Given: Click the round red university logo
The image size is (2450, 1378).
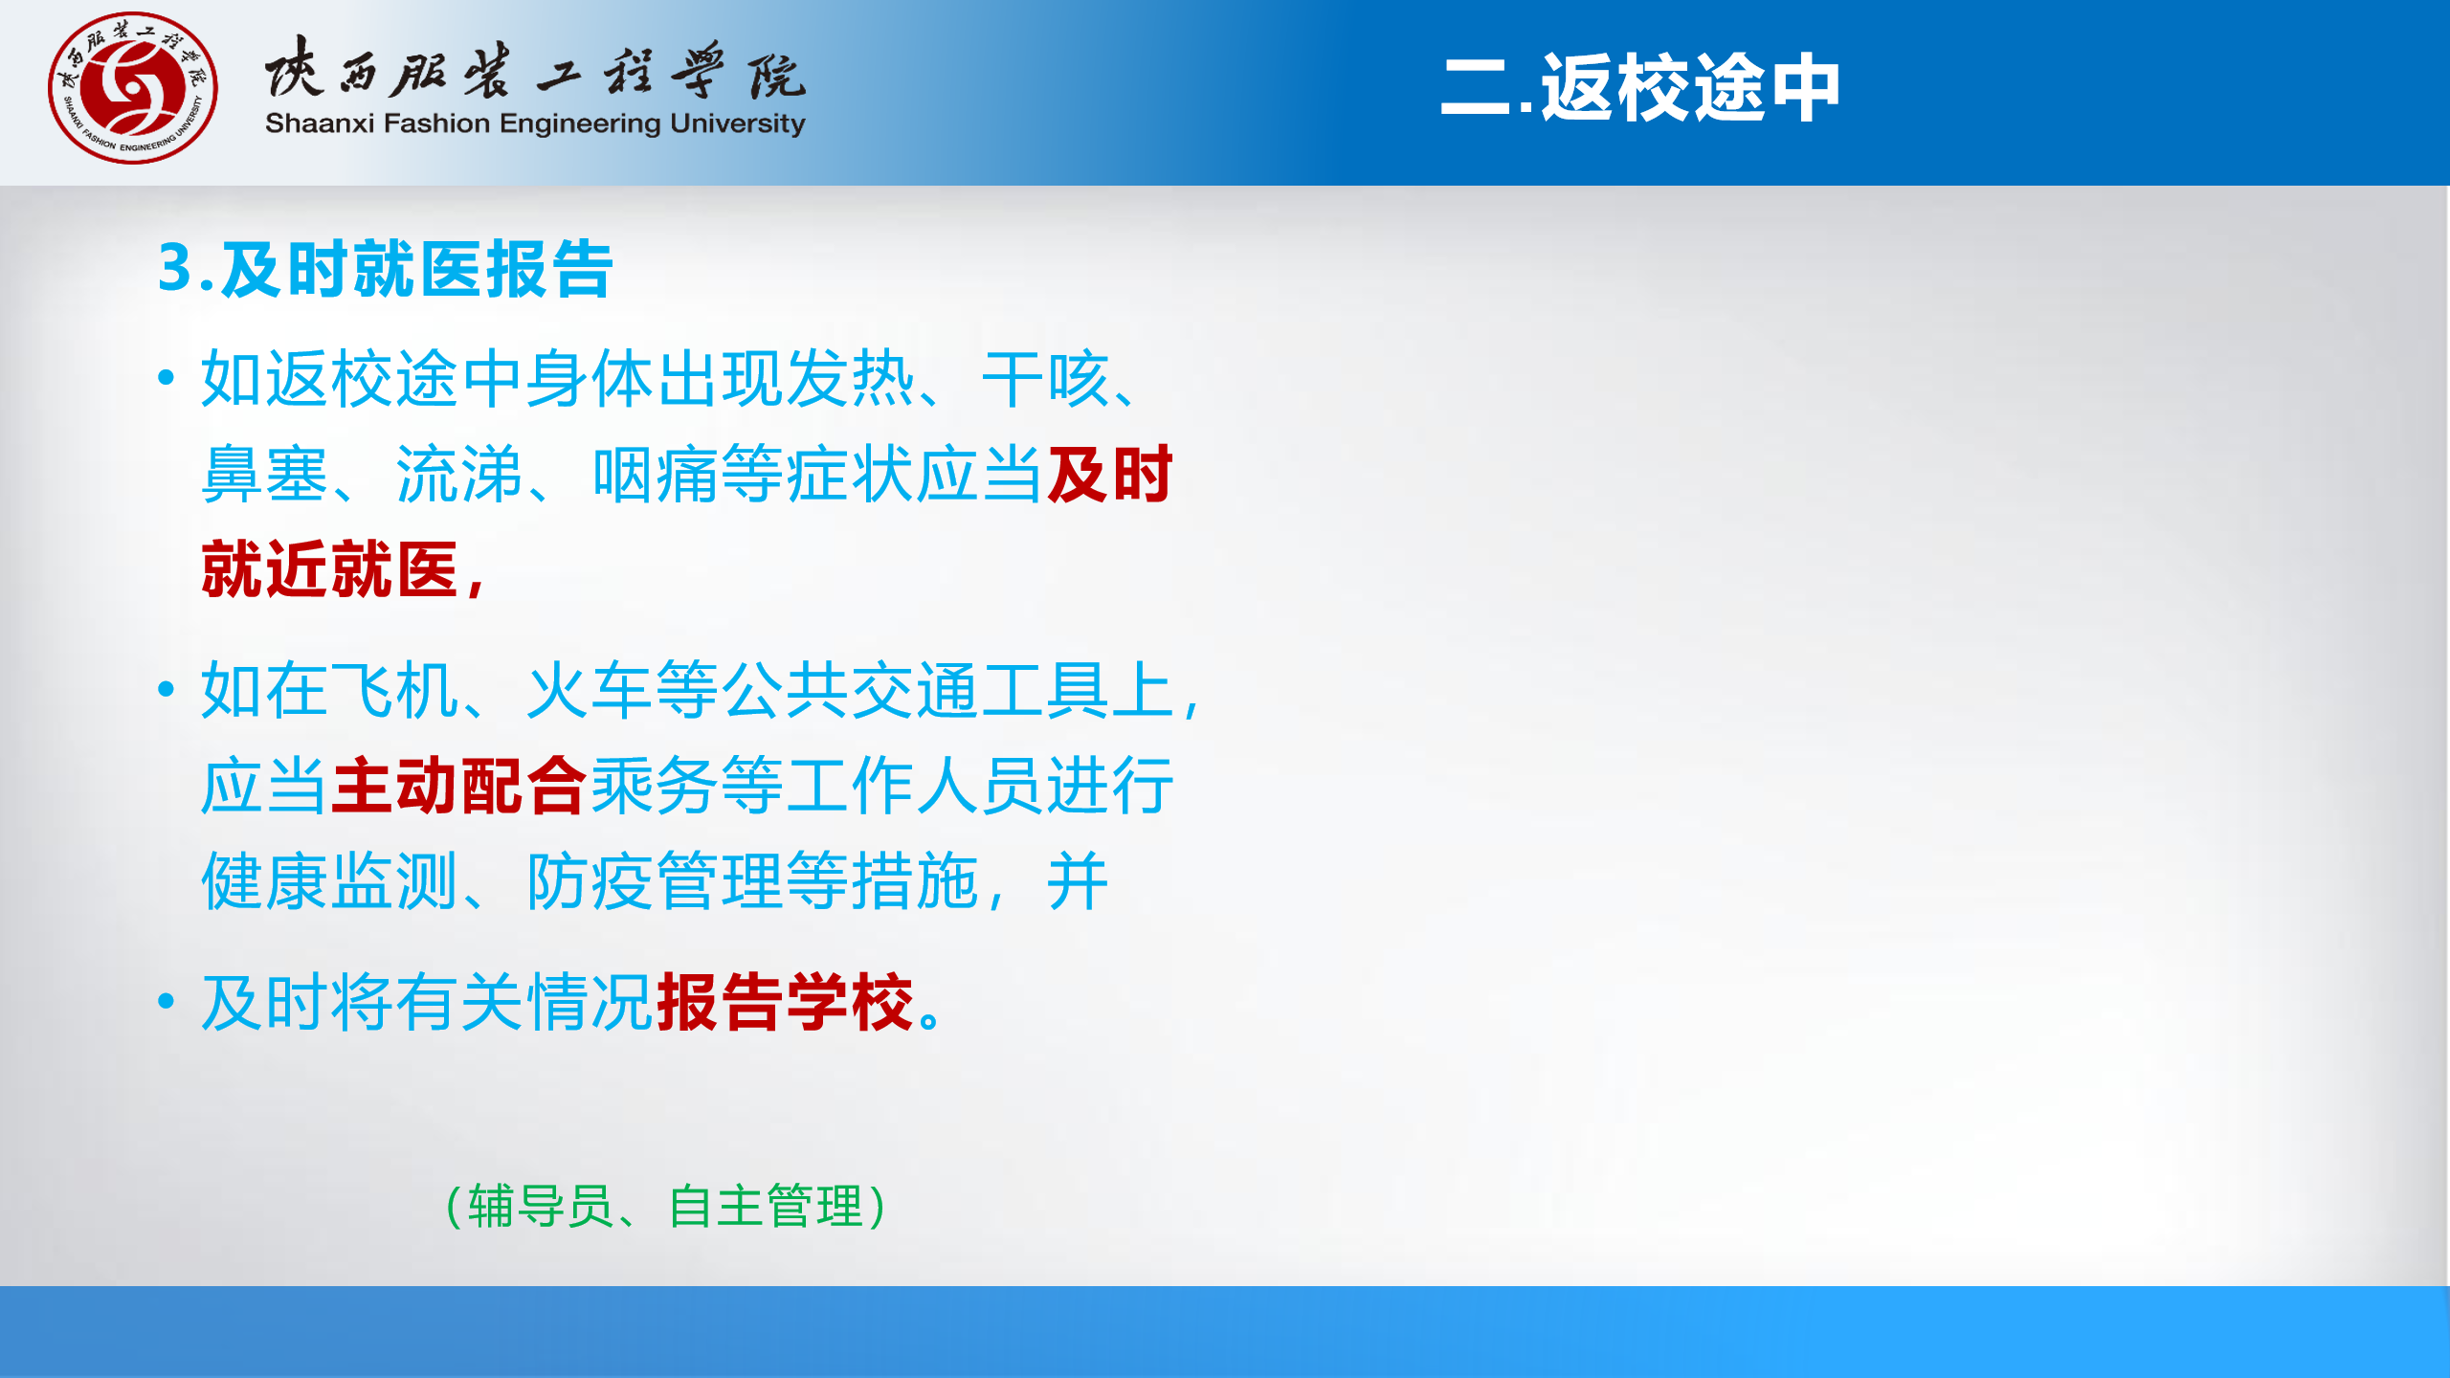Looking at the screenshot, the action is pos(133,88).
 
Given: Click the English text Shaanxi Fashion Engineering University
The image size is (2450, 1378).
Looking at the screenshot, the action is pos(535,124).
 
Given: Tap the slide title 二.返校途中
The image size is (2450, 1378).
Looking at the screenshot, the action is pos(1640,88).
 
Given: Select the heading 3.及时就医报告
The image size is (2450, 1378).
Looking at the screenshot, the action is pos(385,269).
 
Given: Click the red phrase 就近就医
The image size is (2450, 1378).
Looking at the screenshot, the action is pos(330,569).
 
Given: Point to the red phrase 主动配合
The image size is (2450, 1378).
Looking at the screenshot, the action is pos(459,786).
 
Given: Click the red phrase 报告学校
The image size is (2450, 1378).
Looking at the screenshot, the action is pos(786,1002).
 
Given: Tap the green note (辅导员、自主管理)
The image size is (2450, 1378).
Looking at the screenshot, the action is pos(666,1206).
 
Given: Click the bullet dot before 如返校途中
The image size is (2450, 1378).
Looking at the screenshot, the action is pos(167,377).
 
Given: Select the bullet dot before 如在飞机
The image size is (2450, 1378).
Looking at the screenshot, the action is pos(167,688).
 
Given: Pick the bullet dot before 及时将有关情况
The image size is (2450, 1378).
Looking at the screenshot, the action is pos(167,1001).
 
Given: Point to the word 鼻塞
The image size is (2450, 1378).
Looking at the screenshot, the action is pos(265,474).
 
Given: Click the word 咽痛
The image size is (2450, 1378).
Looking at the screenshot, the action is pos(656,474).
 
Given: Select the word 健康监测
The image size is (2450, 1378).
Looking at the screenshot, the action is pos(330,881).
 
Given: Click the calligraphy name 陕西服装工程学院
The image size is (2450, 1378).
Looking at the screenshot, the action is pos(535,69).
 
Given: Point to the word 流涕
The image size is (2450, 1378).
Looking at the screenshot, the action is pos(460,474).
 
